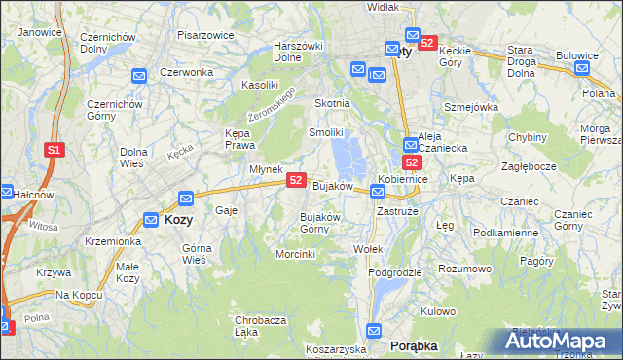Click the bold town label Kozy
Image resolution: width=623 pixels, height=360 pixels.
coord(179,220)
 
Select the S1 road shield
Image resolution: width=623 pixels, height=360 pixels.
coord(55,150)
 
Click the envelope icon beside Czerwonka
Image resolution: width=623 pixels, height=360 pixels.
coord(139,75)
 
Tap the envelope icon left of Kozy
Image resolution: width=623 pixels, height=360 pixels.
coord(151,220)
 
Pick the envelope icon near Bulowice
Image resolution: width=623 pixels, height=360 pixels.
coord(581,68)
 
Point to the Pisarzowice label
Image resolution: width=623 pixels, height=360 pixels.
coord(205,35)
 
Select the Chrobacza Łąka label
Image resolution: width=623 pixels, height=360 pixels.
coord(260,326)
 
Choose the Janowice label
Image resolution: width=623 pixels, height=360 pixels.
coord(40,31)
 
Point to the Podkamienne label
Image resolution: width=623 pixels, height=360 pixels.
coord(505,233)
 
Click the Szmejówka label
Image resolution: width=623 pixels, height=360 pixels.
coord(471,107)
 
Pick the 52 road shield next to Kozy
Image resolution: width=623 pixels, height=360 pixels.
coord(187,198)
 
